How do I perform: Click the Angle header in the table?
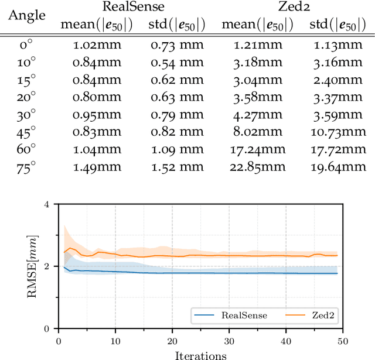point(28,15)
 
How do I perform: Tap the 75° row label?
point(27,167)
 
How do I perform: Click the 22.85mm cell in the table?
point(248,167)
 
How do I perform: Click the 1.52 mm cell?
point(173,167)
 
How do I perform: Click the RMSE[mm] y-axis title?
point(31,266)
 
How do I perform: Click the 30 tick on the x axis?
point(229,340)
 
